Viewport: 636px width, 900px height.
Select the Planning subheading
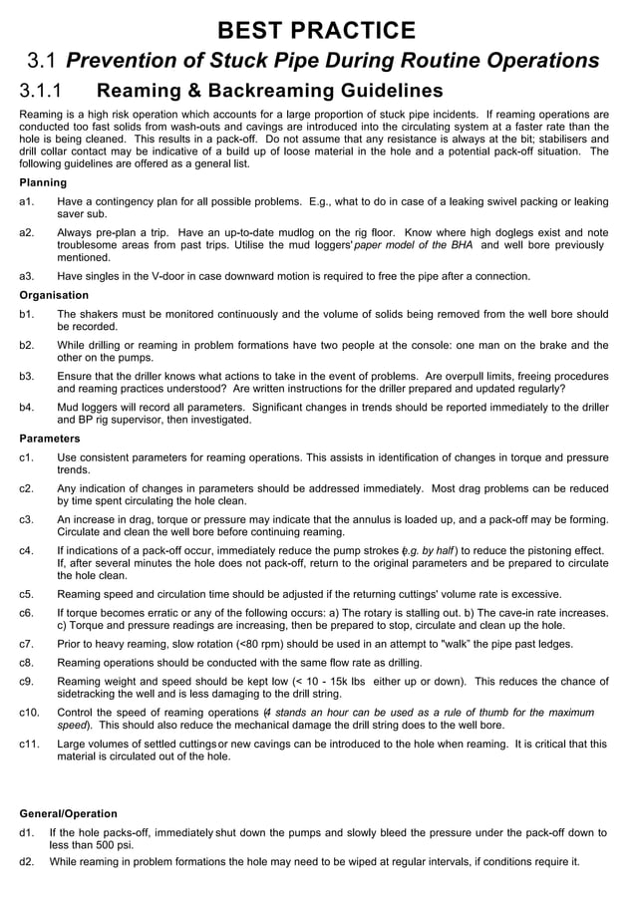(43, 183)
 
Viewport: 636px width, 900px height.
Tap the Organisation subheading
(54, 295)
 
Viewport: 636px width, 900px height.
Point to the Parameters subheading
(50, 439)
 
